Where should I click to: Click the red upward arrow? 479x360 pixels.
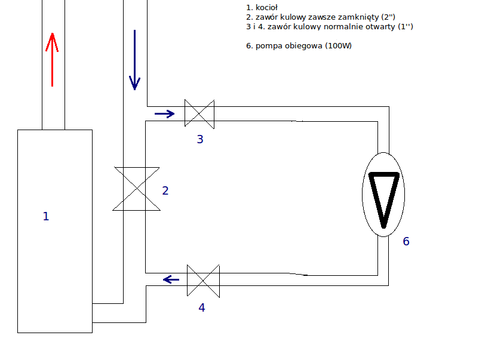[x=52, y=60]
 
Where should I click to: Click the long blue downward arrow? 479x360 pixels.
[x=135, y=60]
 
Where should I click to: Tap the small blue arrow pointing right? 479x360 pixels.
[x=165, y=114]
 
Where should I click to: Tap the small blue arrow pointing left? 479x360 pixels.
[x=171, y=279]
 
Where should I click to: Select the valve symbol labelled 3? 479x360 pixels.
[x=199, y=114]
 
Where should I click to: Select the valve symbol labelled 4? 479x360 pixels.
[x=203, y=281]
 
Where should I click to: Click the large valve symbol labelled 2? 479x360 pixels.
[x=137, y=189]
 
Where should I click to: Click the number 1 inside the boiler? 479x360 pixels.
[x=46, y=216]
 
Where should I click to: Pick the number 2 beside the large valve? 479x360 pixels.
[x=165, y=190]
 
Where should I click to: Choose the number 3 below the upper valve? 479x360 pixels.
[x=200, y=139]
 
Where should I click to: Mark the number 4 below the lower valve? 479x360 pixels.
[x=202, y=307]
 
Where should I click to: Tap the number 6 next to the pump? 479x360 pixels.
[x=406, y=242]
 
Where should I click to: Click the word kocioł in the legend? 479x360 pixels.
[x=266, y=7]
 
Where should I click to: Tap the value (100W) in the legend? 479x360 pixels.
[x=339, y=46]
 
